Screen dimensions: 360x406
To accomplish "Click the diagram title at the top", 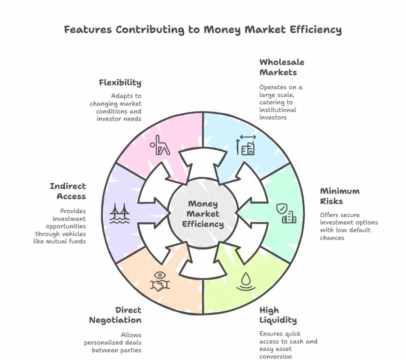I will pos(203,30).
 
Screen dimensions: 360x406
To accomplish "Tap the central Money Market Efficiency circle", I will pos(203,214).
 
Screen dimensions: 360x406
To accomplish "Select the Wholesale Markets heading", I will pos(281,67).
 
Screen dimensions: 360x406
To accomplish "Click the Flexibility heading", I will pos(120,82).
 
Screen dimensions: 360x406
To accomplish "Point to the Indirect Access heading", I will pos(68,191).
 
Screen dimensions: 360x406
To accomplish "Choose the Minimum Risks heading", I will pos(339,196).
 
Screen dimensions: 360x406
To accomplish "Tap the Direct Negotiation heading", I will pos(115,315).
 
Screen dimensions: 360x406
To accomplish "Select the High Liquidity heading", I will pos(278,315).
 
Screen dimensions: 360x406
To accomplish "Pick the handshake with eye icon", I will pos(159,281).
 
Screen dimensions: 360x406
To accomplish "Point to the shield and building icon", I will pos(286,213).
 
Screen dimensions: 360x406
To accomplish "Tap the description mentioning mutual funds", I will pos(60,226).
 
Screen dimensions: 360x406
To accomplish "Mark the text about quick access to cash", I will pos(288,345).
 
